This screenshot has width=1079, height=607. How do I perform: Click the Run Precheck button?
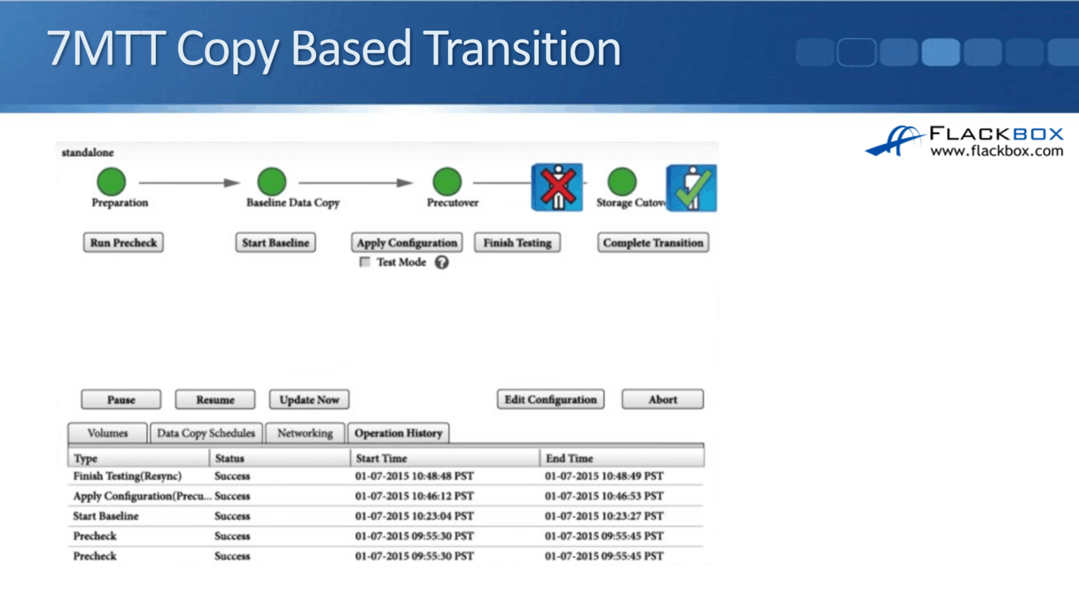click(x=124, y=242)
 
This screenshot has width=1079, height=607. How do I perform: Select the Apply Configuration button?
click(x=407, y=242)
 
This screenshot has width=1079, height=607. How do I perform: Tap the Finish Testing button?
click(x=517, y=242)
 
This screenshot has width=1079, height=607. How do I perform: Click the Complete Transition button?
click(x=653, y=242)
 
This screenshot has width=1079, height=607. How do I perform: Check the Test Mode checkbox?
click(x=365, y=262)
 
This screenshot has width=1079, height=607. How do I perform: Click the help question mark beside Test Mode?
click(x=441, y=262)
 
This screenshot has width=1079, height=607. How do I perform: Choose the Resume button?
click(x=215, y=400)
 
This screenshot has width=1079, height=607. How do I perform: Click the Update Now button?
click(x=309, y=400)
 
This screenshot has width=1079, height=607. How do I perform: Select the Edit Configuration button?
click(x=550, y=400)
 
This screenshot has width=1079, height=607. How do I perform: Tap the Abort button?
click(x=662, y=400)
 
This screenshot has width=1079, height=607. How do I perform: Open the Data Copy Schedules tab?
click(x=206, y=433)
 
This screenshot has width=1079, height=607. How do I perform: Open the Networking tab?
click(x=305, y=433)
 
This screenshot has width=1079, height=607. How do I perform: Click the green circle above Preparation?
click(x=111, y=181)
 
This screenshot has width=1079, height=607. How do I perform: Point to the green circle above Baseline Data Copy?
click(x=272, y=181)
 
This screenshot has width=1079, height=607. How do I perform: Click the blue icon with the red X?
click(x=557, y=188)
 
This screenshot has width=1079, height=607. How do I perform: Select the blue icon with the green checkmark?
click(x=691, y=188)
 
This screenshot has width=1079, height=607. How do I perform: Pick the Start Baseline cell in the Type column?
click(x=106, y=516)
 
